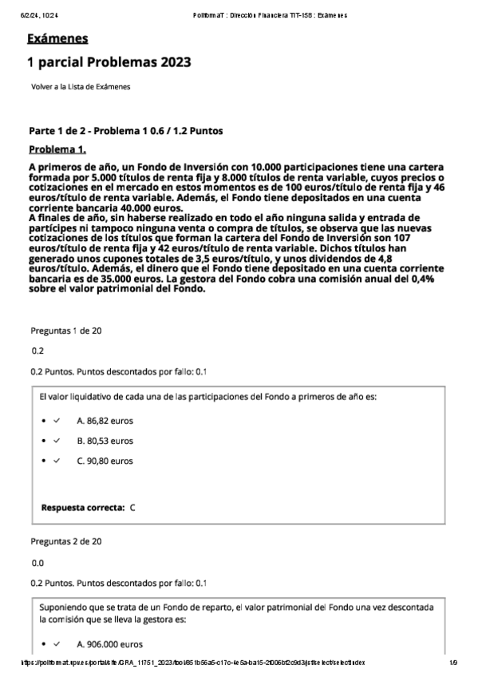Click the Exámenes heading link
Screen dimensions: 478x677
pos(57,39)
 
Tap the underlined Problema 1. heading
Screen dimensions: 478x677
pos(57,149)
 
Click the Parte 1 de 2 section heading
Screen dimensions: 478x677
pos(126,130)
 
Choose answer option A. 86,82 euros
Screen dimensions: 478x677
pos(105,420)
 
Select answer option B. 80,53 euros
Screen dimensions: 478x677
pos(105,440)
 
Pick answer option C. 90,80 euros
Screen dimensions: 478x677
pos(105,461)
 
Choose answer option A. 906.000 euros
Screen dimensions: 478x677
pos(110,643)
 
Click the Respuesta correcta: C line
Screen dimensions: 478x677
pos(89,507)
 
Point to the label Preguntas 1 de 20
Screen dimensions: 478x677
pos(65,331)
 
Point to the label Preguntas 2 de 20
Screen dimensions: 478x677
pos(65,541)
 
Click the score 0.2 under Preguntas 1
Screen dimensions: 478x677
pos(38,350)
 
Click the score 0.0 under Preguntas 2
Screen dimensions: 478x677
pos(38,562)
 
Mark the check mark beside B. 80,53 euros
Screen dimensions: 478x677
pos(57,440)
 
